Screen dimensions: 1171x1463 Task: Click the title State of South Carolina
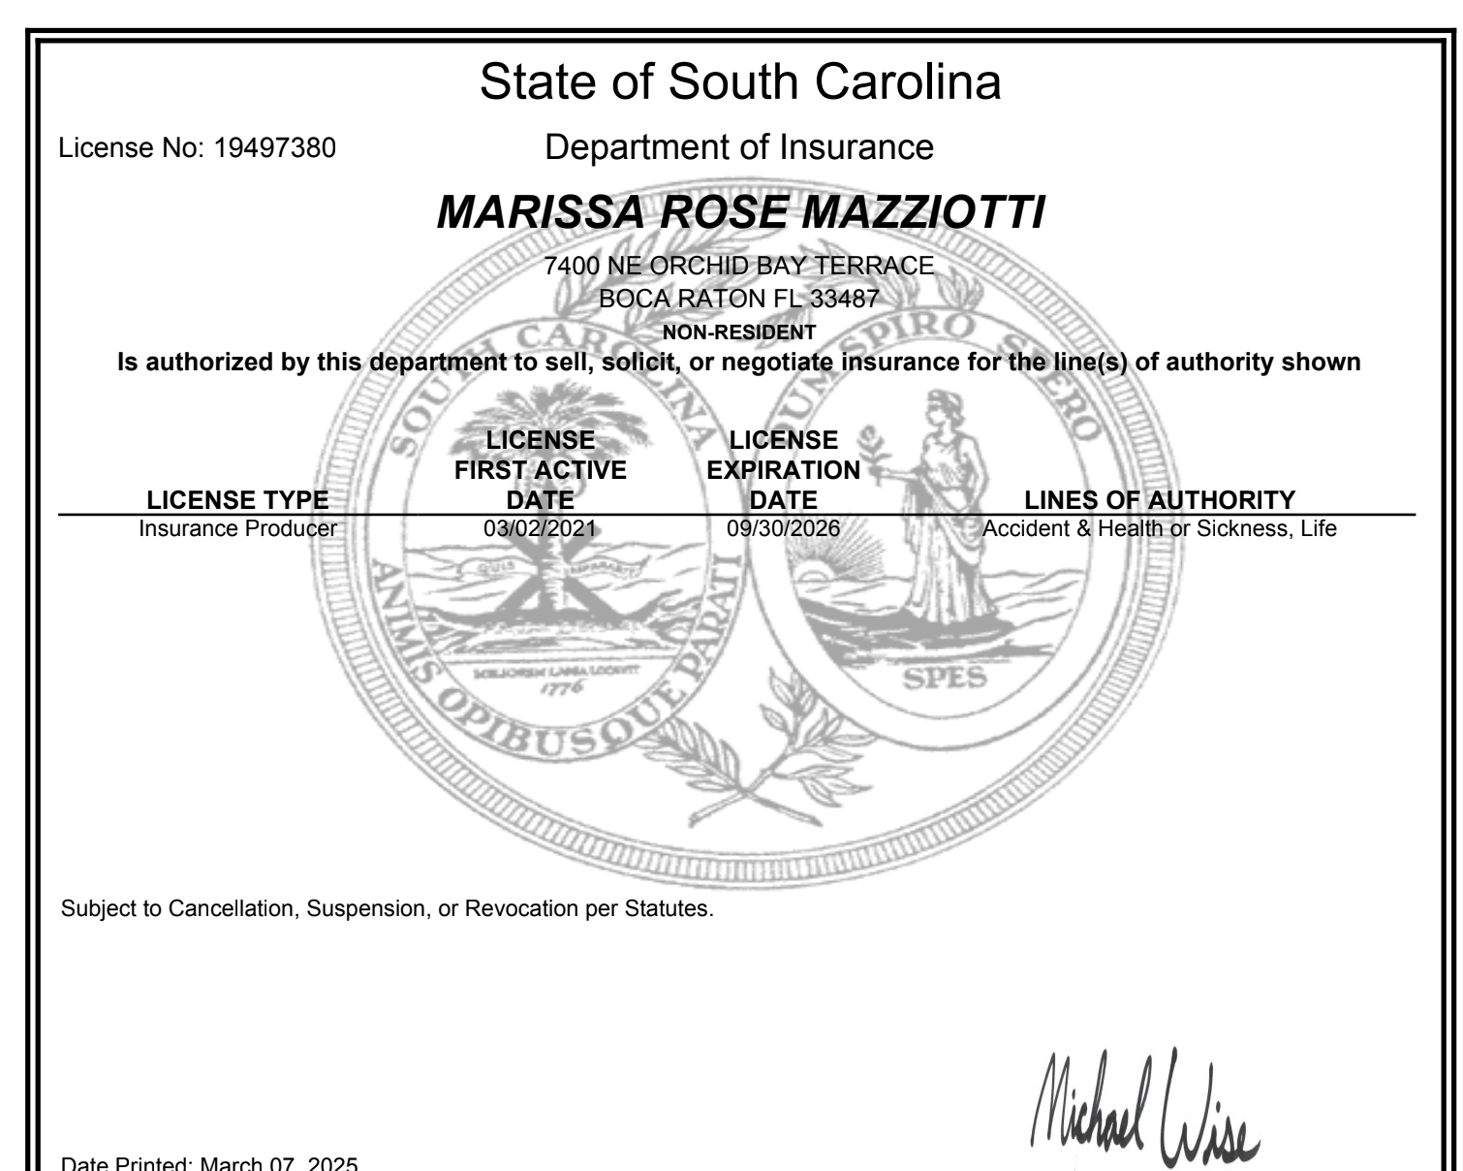(739, 82)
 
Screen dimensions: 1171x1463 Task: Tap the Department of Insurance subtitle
(739, 147)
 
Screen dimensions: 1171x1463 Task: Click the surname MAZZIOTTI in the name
(925, 212)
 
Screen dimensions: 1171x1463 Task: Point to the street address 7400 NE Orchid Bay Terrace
(739, 266)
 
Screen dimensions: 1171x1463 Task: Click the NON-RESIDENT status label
(739, 332)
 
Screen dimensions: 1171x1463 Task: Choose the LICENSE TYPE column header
(236, 500)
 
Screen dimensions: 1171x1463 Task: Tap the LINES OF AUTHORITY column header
(1160, 500)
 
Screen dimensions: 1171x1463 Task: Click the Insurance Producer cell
(237, 529)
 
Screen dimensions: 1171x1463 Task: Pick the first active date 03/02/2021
(540, 529)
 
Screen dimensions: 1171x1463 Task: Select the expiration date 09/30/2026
(783, 529)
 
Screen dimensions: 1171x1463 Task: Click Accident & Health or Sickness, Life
(1160, 529)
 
